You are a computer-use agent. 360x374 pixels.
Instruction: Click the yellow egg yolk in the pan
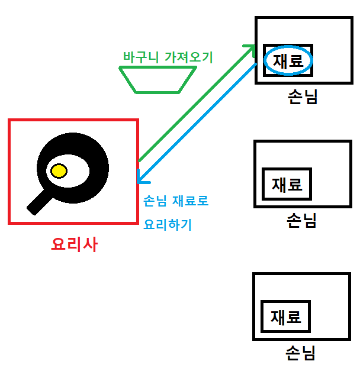point(59,171)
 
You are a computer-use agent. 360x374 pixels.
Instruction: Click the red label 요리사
point(74,244)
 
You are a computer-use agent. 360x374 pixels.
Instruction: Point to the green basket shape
point(157,79)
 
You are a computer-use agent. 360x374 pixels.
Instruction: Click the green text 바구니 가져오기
point(168,57)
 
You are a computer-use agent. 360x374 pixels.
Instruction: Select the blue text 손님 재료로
point(176,201)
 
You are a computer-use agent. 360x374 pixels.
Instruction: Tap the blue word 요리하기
point(168,225)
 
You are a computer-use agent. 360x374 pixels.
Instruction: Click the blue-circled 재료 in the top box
point(288,61)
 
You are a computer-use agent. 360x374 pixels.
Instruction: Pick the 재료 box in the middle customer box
point(287,184)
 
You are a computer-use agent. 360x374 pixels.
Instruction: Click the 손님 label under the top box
point(302,98)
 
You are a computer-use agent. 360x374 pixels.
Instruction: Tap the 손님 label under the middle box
point(301,221)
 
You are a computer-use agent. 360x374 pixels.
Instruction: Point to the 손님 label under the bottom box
point(300,353)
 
